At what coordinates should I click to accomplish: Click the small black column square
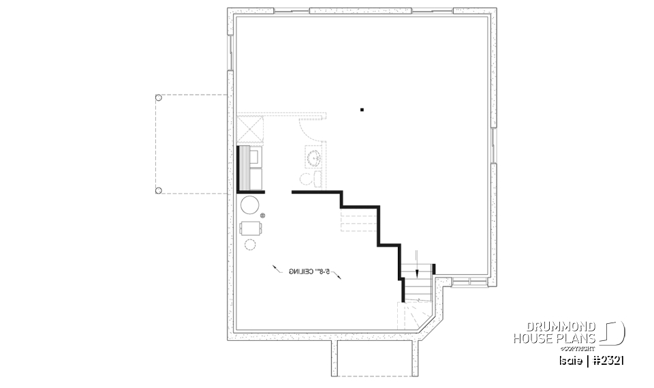coord(362,109)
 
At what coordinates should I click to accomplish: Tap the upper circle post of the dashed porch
coord(158,98)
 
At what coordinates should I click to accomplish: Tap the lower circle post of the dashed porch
coord(158,190)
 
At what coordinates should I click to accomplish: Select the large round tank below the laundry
coord(250,205)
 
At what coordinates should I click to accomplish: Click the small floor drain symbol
coord(262,216)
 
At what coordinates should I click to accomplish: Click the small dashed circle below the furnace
coord(250,244)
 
